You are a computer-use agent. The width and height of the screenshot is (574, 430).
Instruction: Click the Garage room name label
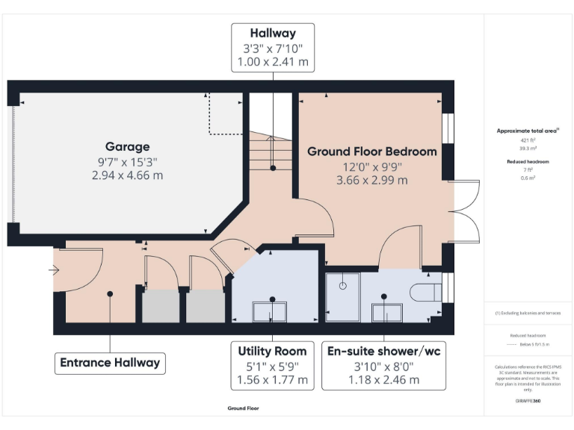pos(127,146)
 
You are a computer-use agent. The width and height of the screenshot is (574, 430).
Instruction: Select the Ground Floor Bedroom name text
pos(372,151)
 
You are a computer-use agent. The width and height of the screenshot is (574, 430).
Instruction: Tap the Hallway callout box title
pos(273,33)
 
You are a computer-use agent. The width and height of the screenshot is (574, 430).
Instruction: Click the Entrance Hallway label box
pos(110,363)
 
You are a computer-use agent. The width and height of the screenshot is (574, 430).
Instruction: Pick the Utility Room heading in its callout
pos(272,351)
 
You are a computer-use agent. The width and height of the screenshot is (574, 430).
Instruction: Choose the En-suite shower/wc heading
pos(383,351)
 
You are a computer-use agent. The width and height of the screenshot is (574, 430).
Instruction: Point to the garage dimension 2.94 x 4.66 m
pos(127,175)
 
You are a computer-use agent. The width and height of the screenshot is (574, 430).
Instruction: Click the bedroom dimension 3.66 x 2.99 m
pos(372,180)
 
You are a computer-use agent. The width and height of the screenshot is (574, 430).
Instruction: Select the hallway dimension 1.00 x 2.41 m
pos(273,62)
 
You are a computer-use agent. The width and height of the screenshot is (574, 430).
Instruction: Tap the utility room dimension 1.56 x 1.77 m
pos(272,379)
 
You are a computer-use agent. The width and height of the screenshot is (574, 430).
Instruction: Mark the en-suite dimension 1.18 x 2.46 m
pos(383,379)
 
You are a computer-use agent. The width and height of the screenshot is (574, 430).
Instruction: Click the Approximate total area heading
pos(528,131)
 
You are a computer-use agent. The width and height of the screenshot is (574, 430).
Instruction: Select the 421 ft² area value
pos(528,140)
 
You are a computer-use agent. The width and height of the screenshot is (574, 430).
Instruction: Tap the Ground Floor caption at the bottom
pos(243,408)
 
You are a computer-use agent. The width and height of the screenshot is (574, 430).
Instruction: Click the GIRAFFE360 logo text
pos(528,402)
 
